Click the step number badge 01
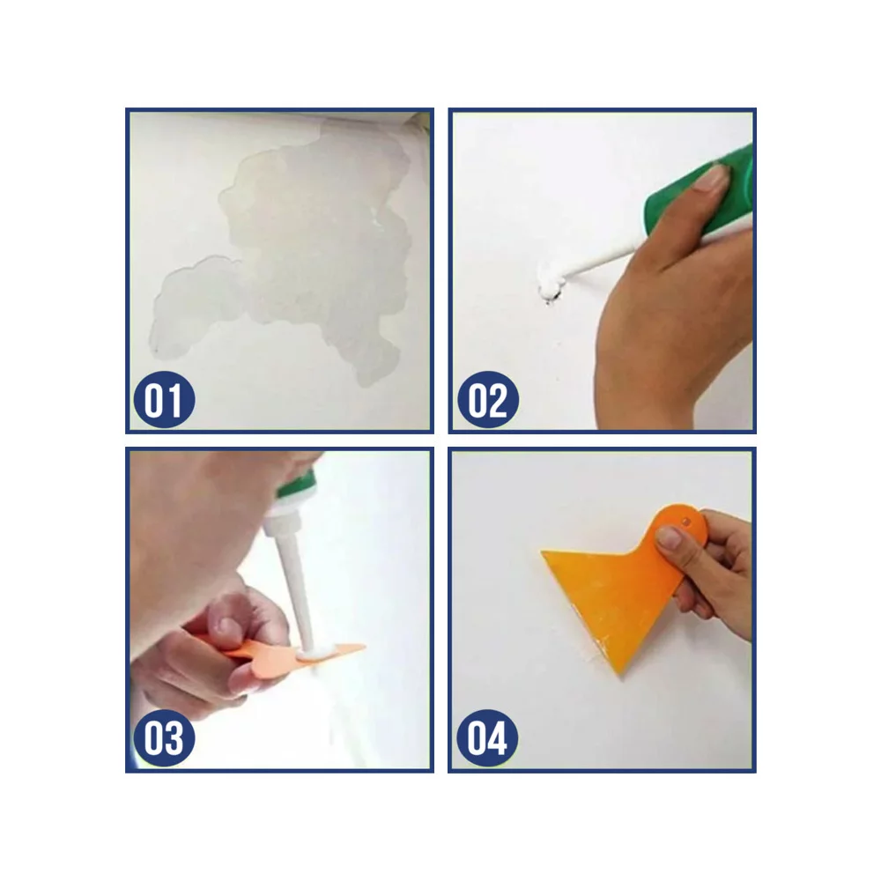click(164, 399)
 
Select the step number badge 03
click(164, 737)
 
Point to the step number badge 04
click(487, 737)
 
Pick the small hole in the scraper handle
click(685, 522)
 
